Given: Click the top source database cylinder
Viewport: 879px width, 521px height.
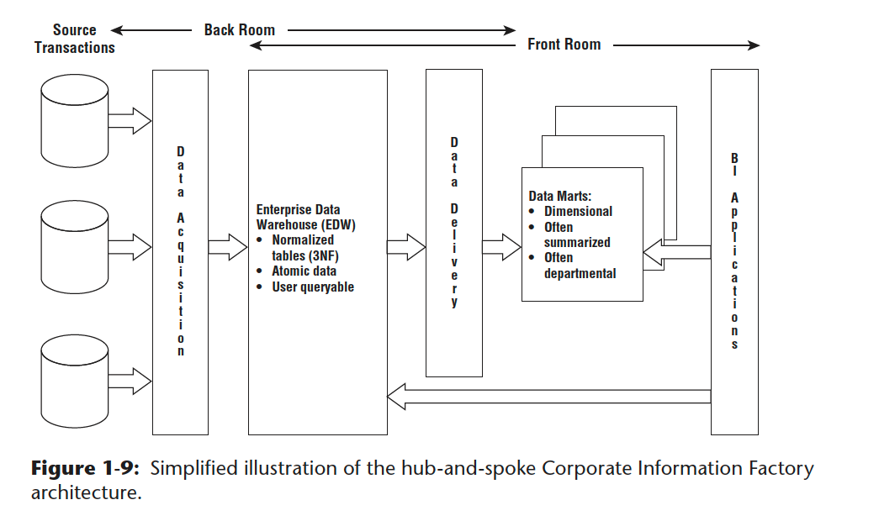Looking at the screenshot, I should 74,122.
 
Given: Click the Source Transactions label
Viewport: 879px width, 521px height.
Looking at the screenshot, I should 74,39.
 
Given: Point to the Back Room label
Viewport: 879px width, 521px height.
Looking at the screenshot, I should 240,30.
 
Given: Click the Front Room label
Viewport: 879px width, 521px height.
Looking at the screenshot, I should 564,45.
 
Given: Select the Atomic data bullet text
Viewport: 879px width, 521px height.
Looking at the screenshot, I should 304,271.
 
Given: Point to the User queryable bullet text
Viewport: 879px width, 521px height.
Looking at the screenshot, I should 312,287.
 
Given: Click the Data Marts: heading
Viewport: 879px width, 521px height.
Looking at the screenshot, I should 559,197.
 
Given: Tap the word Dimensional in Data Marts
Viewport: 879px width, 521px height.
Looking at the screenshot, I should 578,212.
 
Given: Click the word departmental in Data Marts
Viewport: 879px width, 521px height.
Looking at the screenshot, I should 580,273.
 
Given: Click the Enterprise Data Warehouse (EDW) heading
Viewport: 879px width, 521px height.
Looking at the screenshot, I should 299,217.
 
